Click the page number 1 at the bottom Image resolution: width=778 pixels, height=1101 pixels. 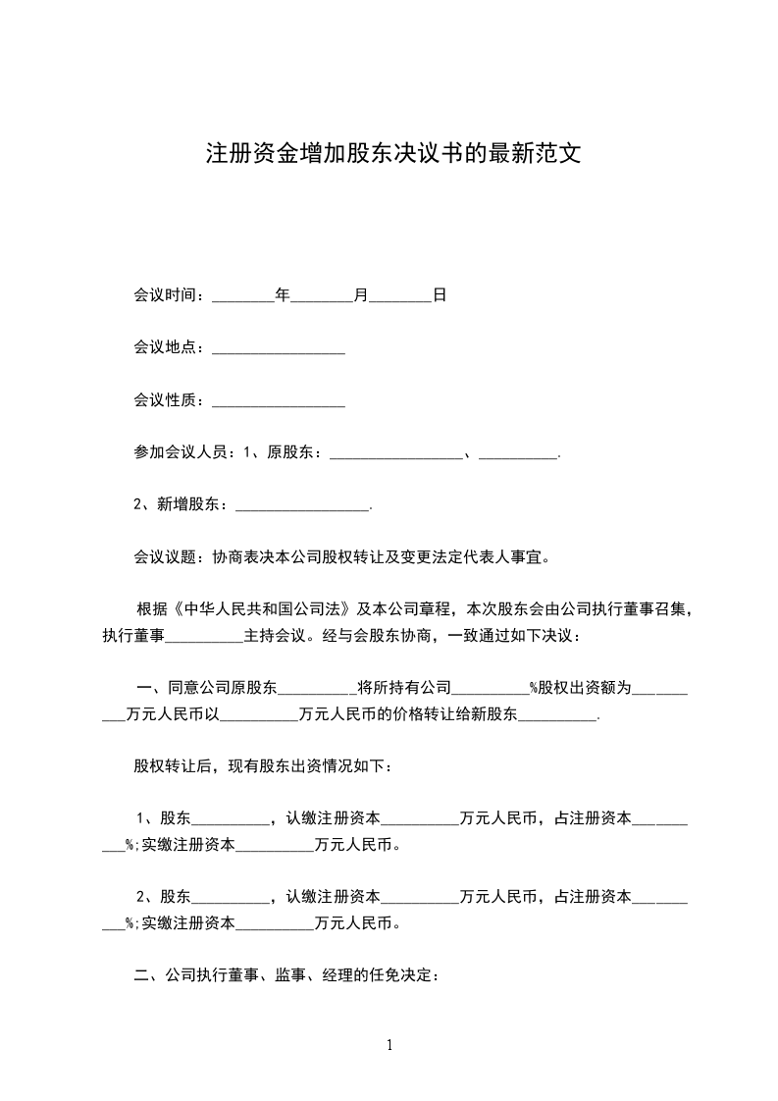coord(389,1045)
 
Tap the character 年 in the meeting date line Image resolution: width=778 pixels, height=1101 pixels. coord(283,294)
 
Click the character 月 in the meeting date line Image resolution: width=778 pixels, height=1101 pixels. coord(359,294)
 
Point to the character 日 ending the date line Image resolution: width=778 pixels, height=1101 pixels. coord(440,294)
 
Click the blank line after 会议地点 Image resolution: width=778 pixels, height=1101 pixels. coord(278,349)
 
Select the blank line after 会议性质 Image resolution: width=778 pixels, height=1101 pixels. coord(278,402)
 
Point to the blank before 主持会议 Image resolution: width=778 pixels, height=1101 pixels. coord(204,636)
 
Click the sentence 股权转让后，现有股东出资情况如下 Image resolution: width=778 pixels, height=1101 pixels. coord(262,766)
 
